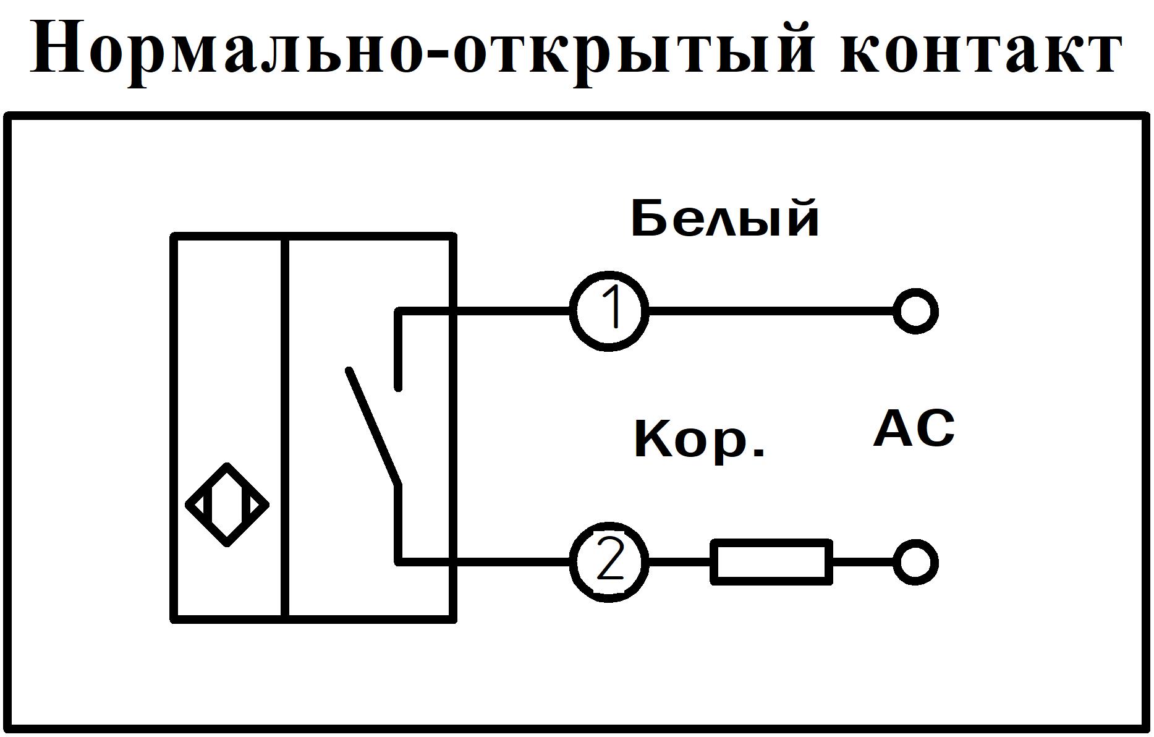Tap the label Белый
pos(724,218)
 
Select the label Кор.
pos(698,439)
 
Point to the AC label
pos(914,428)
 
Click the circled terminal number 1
pos(609,310)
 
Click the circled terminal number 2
pos(609,561)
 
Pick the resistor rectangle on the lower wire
pos(771,561)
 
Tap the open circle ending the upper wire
pos(915,311)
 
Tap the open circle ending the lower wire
pos(915,562)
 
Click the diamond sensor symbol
pos(227,505)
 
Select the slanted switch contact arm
pos(373,427)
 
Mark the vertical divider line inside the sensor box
pos(285,427)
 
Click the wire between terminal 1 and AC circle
pos(770,311)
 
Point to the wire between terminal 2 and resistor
pos(680,562)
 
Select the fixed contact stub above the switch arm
pos(399,352)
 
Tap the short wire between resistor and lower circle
pos(862,562)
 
